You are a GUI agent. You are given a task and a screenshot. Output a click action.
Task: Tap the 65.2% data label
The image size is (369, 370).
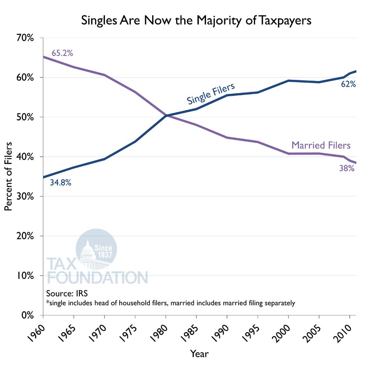[x=62, y=53]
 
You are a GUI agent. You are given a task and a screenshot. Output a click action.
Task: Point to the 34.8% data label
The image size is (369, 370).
[x=61, y=182]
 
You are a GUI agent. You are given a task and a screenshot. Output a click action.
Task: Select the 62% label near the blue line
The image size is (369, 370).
[x=348, y=85]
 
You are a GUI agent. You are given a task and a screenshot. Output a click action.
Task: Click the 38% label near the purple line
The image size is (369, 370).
[x=347, y=168]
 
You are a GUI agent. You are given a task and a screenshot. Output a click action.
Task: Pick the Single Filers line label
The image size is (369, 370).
[x=211, y=94]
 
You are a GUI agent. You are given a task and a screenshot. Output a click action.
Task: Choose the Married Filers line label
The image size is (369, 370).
[x=321, y=145]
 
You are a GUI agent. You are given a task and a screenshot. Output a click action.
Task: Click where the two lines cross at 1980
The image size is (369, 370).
[x=166, y=116]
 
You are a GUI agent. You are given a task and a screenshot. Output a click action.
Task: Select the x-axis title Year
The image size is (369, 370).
[x=199, y=354]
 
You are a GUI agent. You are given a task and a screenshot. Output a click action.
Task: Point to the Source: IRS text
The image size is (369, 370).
[x=67, y=294]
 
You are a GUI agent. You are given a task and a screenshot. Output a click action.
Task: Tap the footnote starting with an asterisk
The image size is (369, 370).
[x=170, y=303]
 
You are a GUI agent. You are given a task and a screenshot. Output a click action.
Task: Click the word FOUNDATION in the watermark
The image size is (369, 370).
[x=97, y=277]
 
